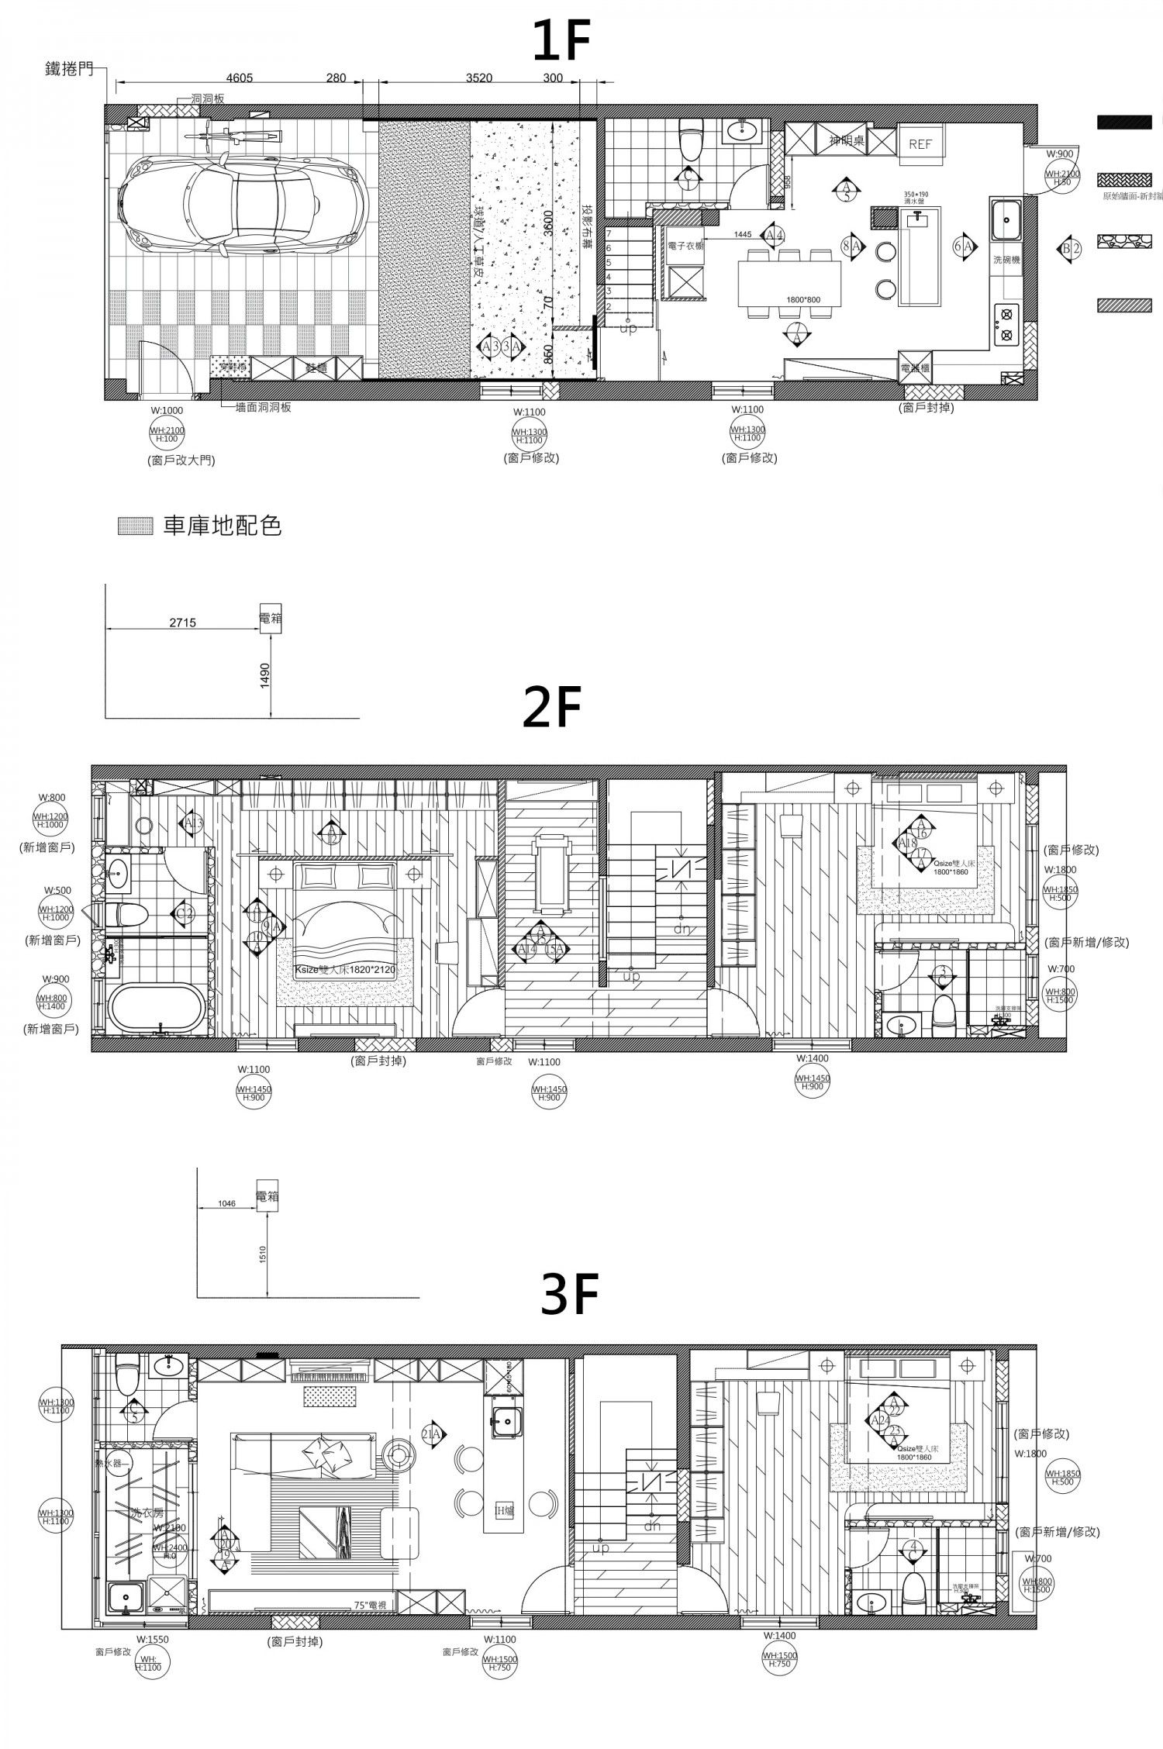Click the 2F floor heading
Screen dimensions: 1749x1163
551,708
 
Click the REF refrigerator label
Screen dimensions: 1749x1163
920,145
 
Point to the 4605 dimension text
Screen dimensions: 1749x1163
241,78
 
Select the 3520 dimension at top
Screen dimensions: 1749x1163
479,78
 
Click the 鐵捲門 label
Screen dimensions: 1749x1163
69,71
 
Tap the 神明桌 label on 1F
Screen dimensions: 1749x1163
846,141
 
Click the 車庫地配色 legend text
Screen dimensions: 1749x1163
222,526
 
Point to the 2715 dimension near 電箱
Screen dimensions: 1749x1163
182,622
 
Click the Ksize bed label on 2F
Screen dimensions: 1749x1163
346,970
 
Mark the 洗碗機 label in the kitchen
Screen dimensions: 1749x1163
1006,260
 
